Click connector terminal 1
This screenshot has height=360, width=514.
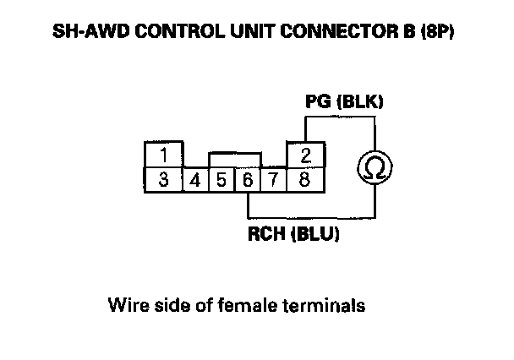[x=163, y=156]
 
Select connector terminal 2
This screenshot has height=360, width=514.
[x=305, y=156]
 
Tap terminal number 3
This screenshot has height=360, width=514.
[x=163, y=179]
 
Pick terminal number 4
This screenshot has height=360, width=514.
[x=195, y=180]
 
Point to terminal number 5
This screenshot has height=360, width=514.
[x=221, y=180]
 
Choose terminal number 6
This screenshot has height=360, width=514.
[x=247, y=180]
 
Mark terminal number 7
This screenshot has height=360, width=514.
[x=274, y=180]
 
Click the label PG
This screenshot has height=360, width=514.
[x=317, y=103]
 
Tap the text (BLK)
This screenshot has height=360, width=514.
[x=360, y=103]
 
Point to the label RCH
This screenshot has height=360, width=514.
[x=265, y=235]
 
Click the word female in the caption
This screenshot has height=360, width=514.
[x=254, y=304]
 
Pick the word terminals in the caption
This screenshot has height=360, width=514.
[x=326, y=304]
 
